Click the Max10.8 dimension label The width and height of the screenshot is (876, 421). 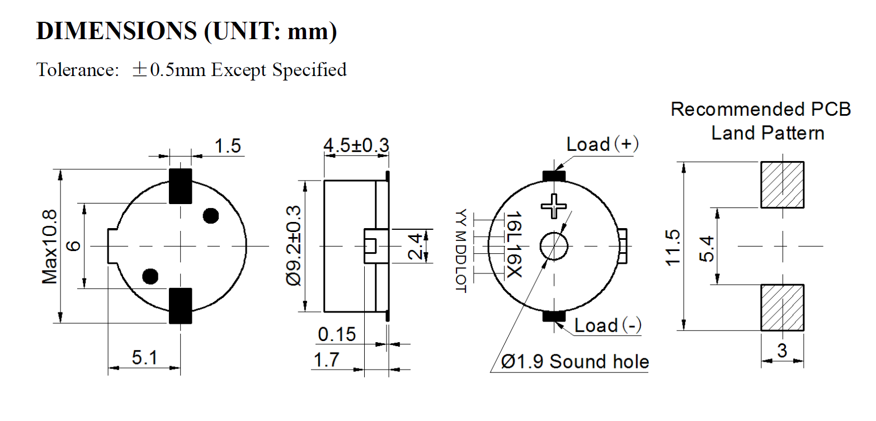tap(50, 247)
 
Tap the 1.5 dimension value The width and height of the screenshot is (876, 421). tap(228, 146)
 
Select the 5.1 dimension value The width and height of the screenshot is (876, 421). tap(144, 357)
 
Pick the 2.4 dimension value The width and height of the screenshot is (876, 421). tap(416, 246)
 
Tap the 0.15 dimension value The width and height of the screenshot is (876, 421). tap(337, 335)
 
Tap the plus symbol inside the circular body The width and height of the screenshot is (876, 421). tap(554, 205)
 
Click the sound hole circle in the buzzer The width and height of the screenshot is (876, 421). tap(554, 245)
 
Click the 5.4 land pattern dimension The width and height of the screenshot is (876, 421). tap(708, 247)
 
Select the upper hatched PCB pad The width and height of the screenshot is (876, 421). tap(782, 185)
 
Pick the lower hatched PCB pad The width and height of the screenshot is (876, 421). tap(782, 307)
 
